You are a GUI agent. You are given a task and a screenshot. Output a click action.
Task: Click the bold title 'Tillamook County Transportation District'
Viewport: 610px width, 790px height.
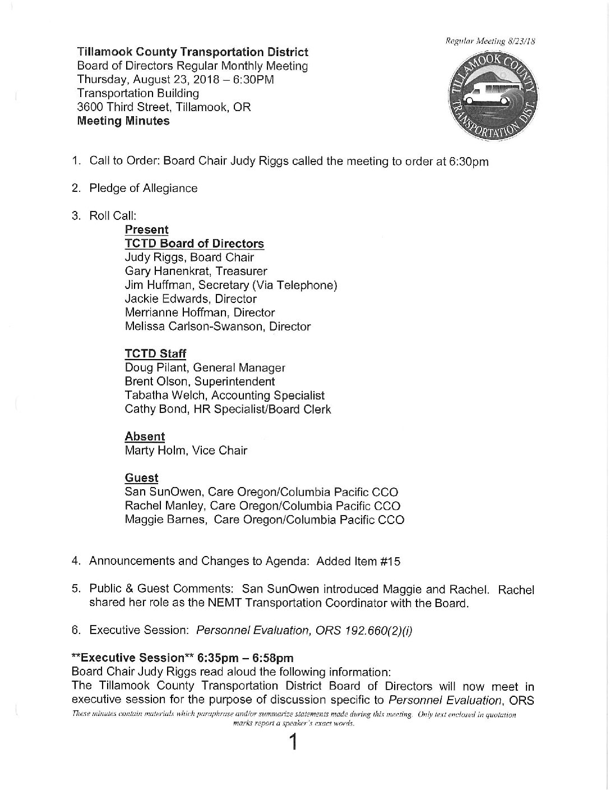point(192,52)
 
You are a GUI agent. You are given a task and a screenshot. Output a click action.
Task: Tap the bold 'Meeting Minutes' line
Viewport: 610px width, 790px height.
point(123,121)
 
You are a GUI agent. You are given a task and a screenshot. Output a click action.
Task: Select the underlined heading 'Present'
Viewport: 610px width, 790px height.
point(146,229)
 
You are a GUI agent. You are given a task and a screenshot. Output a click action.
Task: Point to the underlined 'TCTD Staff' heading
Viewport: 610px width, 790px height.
point(155,353)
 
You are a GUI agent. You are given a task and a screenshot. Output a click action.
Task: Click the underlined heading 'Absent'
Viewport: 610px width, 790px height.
point(145,437)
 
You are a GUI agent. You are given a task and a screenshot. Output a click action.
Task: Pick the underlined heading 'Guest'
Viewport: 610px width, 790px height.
point(141,478)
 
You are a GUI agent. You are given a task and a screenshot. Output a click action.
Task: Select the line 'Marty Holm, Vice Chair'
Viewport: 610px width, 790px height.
point(186,450)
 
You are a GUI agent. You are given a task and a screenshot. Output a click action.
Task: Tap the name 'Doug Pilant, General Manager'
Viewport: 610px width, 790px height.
point(205,368)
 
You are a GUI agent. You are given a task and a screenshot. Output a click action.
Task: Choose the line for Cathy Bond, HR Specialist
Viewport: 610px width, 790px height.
point(228,409)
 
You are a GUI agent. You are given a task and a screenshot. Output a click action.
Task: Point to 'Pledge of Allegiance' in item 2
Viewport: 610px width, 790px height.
point(144,188)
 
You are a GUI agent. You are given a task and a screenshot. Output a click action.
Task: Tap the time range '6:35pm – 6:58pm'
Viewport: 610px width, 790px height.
point(246,658)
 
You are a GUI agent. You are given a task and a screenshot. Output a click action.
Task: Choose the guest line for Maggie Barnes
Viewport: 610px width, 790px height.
point(264,520)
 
